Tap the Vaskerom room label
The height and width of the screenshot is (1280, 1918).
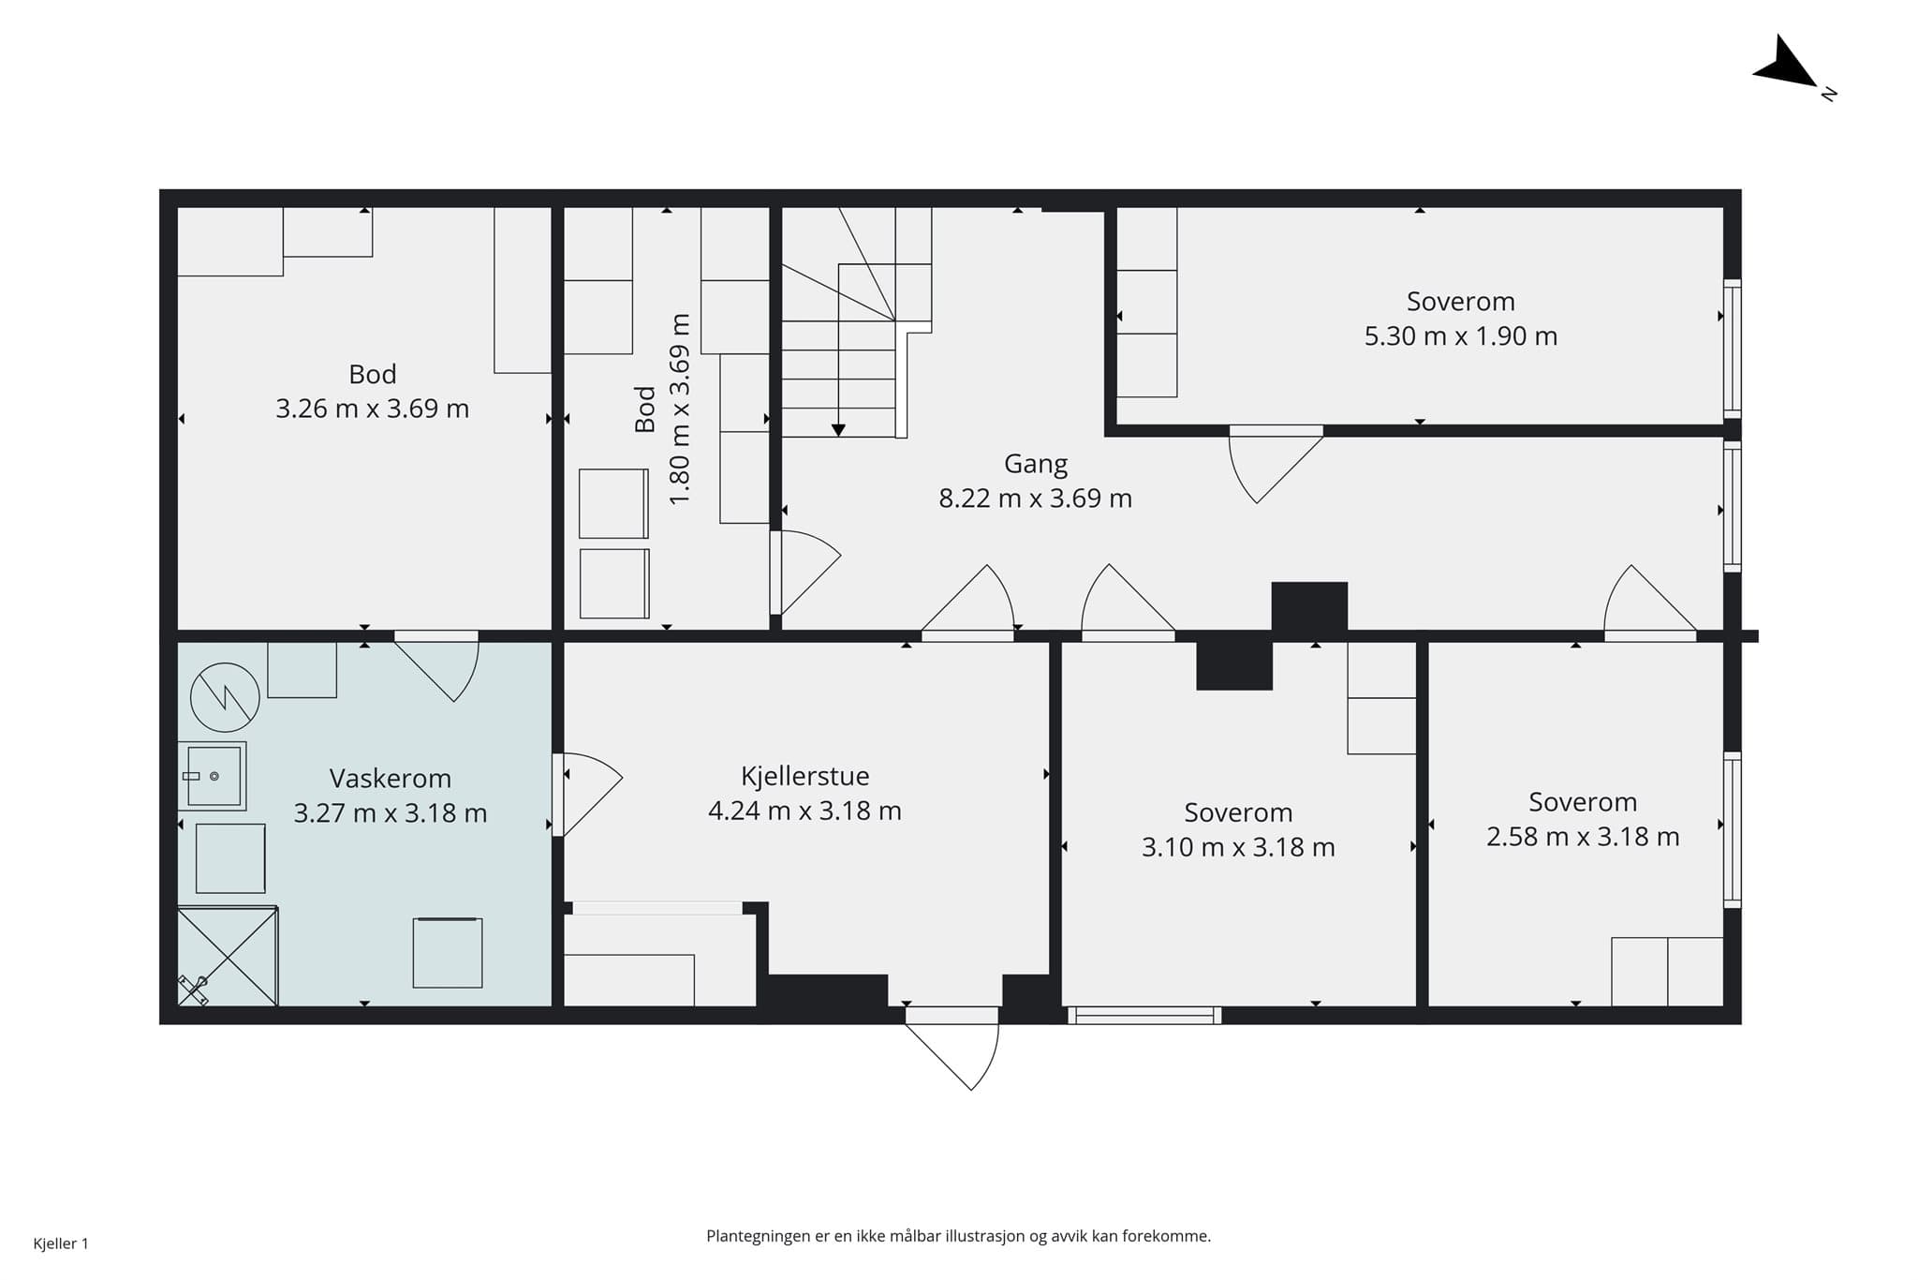point(391,779)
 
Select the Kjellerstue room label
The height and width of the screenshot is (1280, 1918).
point(805,777)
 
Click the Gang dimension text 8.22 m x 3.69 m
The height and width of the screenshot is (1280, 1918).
point(1036,499)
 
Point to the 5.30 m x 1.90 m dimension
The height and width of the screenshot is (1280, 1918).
point(1461,336)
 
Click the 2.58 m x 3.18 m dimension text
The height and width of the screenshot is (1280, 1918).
point(1583,837)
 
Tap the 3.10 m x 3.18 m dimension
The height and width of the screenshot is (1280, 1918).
point(1238,847)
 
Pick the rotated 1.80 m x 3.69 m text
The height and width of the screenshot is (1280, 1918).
point(680,409)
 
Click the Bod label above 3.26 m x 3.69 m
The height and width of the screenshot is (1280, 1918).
point(373,375)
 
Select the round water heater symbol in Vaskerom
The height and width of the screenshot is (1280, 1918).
point(225,697)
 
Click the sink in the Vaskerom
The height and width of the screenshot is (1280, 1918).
point(214,776)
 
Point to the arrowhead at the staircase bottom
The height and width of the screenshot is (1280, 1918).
point(838,430)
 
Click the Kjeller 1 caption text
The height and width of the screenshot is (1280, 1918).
point(61,1244)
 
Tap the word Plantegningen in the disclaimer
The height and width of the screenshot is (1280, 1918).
point(759,1237)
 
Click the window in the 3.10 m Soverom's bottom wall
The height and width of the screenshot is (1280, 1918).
point(1144,1015)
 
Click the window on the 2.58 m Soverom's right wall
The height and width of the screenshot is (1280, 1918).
point(1733,830)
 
